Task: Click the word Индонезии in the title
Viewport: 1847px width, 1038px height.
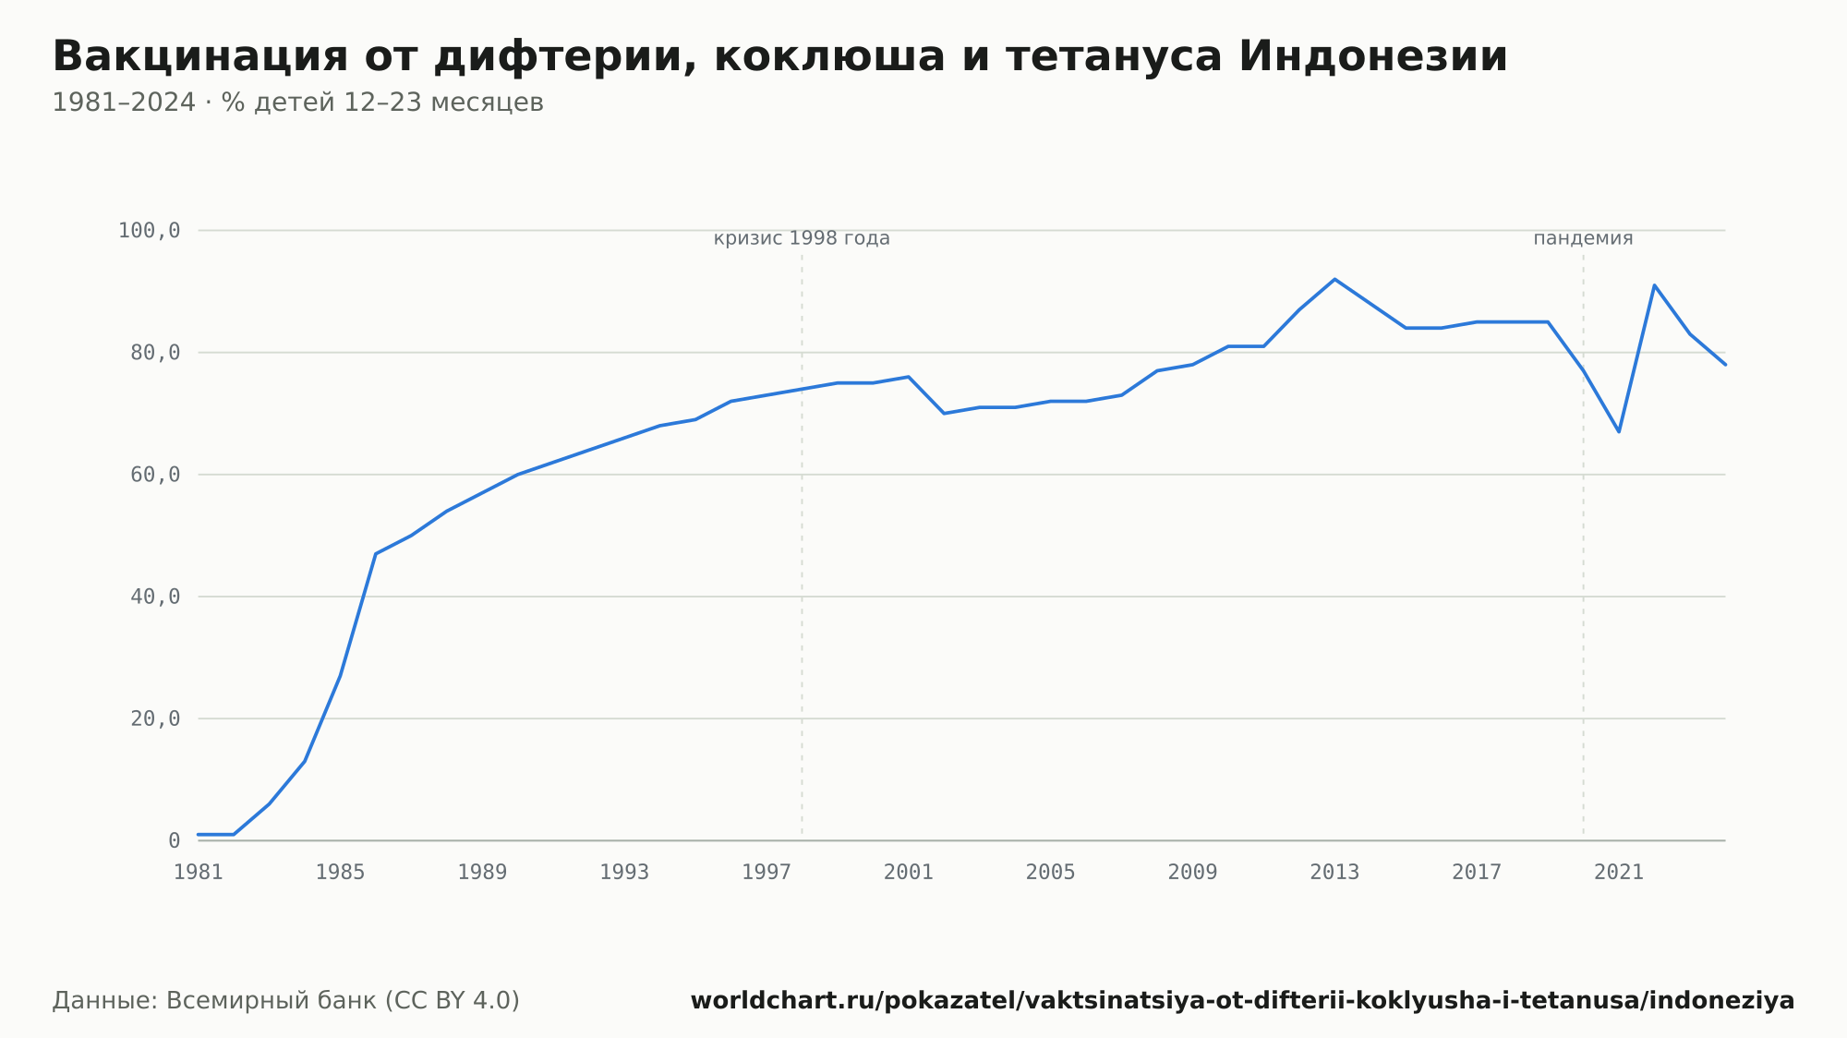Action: pyautogui.click(x=1372, y=56)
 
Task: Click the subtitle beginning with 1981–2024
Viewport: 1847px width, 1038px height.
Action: pyautogui.click(x=297, y=103)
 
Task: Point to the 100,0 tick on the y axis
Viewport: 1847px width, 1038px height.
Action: pyautogui.click(x=149, y=230)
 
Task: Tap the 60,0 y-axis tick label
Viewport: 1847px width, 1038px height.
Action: pyautogui.click(x=155, y=475)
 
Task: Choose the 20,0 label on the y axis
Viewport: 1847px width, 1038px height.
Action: pyautogui.click(x=155, y=718)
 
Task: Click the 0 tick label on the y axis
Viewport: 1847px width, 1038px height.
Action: pyautogui.click(x=174, y=840)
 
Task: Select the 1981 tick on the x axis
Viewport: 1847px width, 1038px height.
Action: pyautogui.click(x=198, y=872)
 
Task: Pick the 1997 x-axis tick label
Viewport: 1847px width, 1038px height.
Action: pyautogui.click(x=767, y=872)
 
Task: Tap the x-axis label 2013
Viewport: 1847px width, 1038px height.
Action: pyautogui.click(x=1334, y=872)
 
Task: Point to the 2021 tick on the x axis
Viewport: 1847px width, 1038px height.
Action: pyautogui.click(x=1619, y=872)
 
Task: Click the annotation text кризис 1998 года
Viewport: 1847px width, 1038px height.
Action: pyautogui.click(x=802, y=238)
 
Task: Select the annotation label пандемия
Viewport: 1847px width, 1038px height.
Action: pyautogui.click(x=1583, y=238)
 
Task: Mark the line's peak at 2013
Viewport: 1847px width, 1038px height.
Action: pyautogui.click(x=1334, y=279)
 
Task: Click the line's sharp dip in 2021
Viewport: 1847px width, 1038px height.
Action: pyautogui.click(x=1619, y=431)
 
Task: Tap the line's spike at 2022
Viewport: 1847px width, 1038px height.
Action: pyautogui.click(x=1654, y=285)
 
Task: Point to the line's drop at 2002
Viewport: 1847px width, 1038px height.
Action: pyautogui.click(x=944, y=413)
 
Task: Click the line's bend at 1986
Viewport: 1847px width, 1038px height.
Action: pyautogui.click(x=376, y=553)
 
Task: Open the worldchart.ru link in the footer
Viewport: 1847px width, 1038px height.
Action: pyautogui.click(x=1242, y=1000)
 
